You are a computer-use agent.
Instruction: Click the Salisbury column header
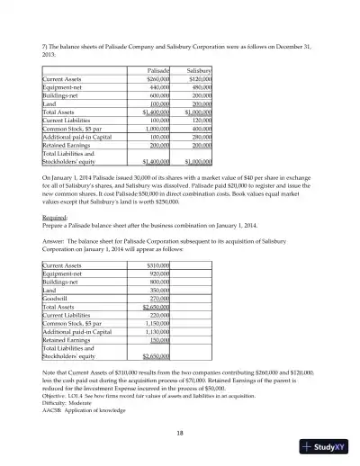(x=198, y=69)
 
